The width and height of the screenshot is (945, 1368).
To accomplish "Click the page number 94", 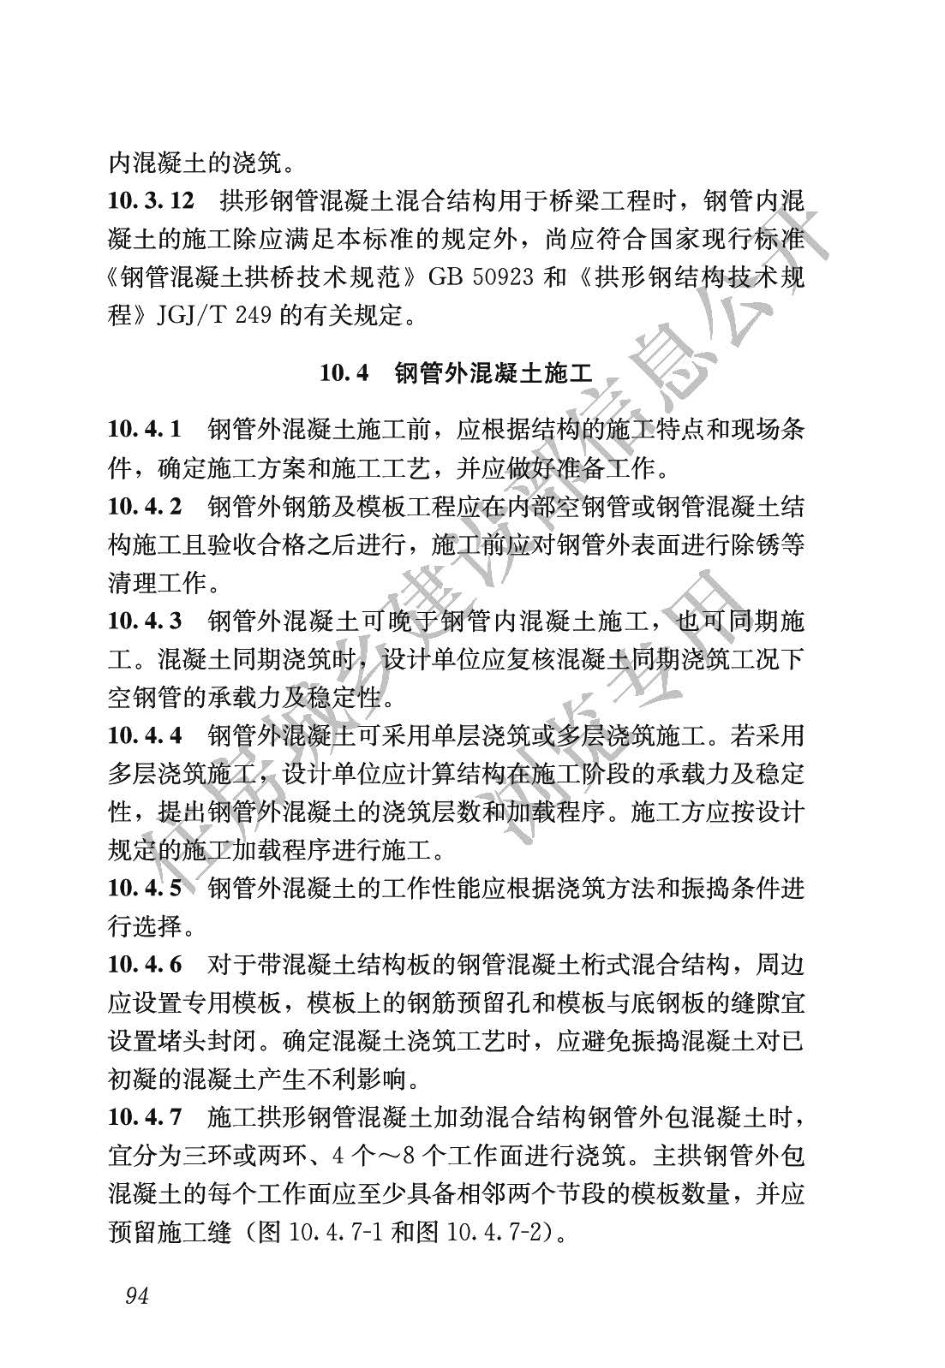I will tap(137, 1295).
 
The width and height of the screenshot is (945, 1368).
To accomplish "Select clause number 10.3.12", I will tap(152, 202).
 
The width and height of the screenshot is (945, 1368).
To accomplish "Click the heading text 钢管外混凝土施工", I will tap(493, 373).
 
